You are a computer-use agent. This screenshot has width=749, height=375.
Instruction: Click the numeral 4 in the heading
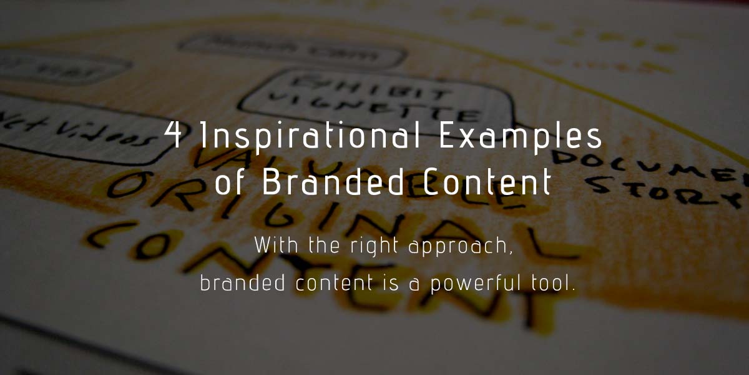click(x=177, y=137)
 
